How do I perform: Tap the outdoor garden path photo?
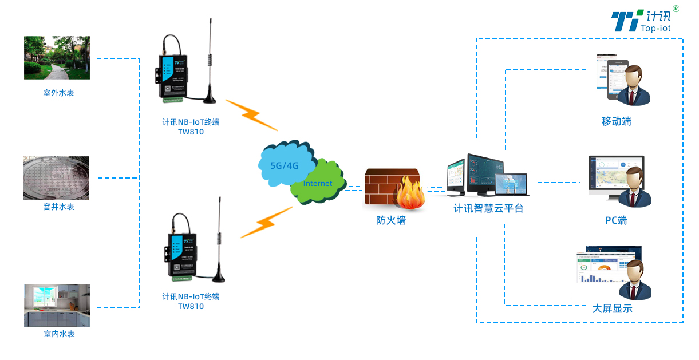click(57, 58)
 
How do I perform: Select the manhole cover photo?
click(57, 178)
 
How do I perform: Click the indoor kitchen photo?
click(57, 305)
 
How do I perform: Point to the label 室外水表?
click(58, 93)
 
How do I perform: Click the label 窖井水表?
click(58, 207)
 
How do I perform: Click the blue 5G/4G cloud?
click(285, 164)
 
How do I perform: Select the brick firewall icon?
click(392, 187)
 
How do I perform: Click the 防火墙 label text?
click(391, 220)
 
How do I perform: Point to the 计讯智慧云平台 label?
click(488, 208)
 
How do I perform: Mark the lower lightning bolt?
click(266, 222)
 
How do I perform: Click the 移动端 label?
click(616, 121)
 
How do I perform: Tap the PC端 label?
click(616, 220)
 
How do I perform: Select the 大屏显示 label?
click(612, 308)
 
